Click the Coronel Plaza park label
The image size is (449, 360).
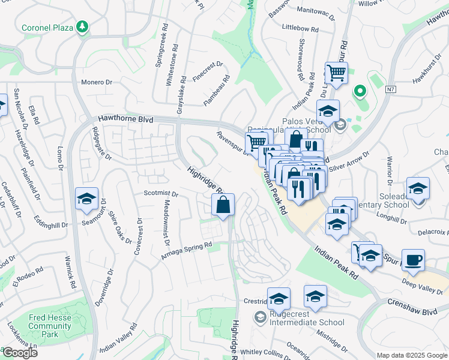pyautogui.click(x=47, y=27)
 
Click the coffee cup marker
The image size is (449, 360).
pyautogui.click(x=413, y=261)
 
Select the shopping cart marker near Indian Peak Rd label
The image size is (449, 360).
pyautogui.click(x=337, y=73)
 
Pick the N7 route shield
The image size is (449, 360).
pyautogui.click(x=391, y=89)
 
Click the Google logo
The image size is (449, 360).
pyautogui.click(x=20, y=353)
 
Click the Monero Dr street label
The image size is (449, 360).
pyautogui.click(x=97, y=82)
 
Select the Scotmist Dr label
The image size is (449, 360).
pyautogui.click(x=161, y=194)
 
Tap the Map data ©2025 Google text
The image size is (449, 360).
pyautogui.click(x=412, y=355)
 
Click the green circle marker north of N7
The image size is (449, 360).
pyautogui.click(x=360, y=91)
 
